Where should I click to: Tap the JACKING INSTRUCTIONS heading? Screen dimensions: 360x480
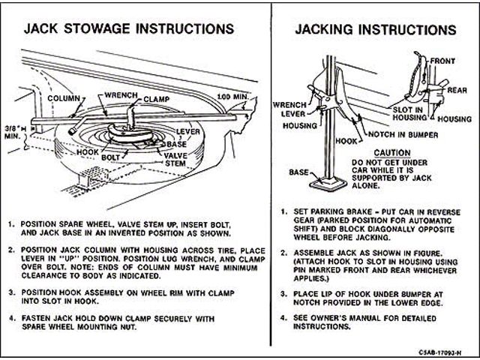(375, 31)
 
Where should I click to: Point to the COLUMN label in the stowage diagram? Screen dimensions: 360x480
(64, 98)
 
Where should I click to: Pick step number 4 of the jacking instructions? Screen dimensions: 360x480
(280, 317)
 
